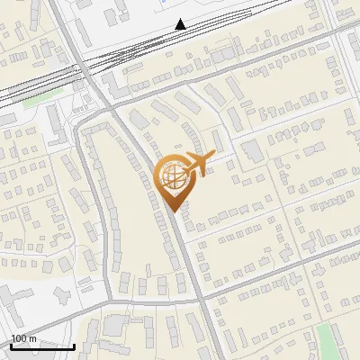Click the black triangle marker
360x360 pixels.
pyautogui.click(x=181, y=24)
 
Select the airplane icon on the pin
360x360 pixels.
pyautogui.click(x=196, y=164)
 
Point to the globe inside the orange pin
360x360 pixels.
pyautogui.click(x=171, y=176)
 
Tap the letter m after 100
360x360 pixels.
pyautogui.click(x=33, y=339)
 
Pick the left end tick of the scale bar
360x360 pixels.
pyautogui.click(x=11, y=346)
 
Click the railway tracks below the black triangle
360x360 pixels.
pyautogui.click(x=180, y=40)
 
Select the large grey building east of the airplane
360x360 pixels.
pyautogui.click(x=252, y=150)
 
